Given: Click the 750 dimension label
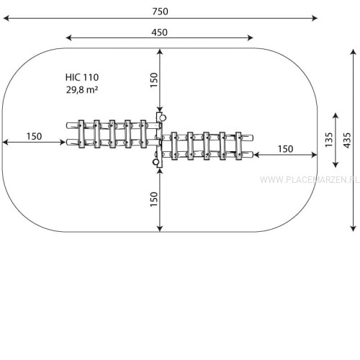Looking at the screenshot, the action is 160,12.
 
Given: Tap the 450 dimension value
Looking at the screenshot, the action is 159,32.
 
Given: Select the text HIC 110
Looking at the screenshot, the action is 82,77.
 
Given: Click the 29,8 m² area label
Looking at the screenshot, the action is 82,90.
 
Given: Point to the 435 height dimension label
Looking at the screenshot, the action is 347,140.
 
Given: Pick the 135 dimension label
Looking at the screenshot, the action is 329,140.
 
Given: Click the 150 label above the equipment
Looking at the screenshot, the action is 154,80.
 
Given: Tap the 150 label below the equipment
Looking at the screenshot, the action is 154,199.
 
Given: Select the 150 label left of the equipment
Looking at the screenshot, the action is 35,136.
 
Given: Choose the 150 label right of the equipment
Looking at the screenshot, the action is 286,149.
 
